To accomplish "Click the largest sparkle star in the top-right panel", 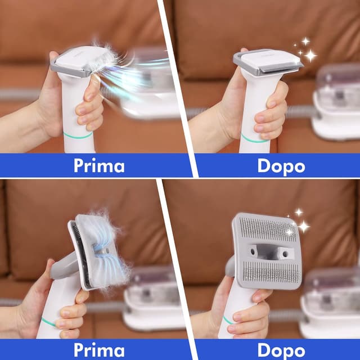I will pyautogui.click(x=309, y=55).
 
